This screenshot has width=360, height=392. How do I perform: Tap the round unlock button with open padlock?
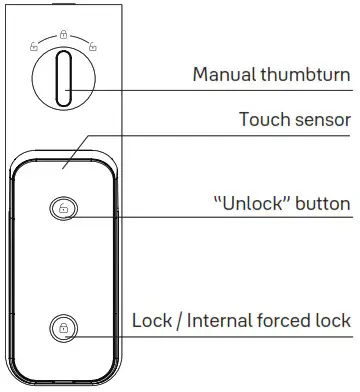pos(63,209)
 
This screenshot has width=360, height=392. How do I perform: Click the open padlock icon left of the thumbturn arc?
pos(34,45)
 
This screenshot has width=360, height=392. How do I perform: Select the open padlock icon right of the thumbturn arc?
pos(92,45)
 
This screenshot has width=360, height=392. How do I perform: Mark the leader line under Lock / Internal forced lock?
pos(200,336)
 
